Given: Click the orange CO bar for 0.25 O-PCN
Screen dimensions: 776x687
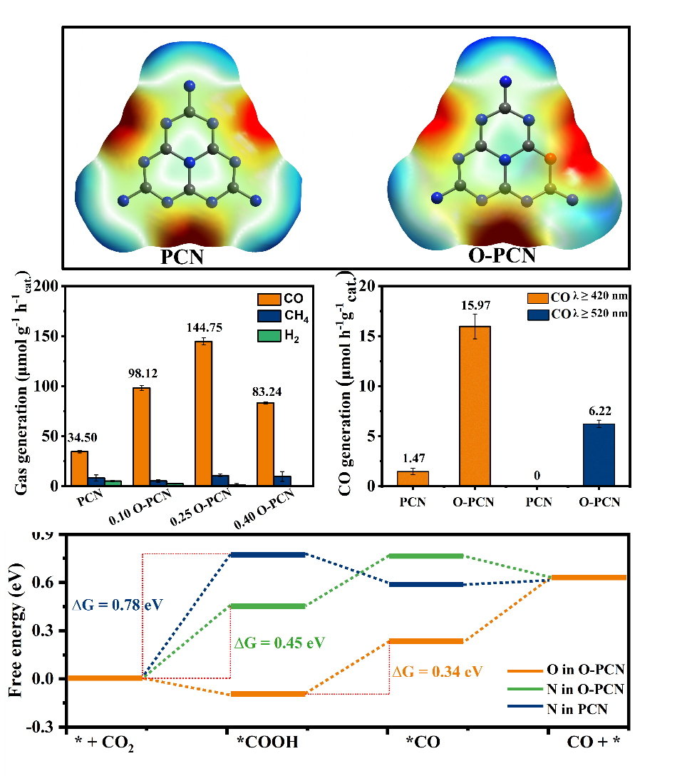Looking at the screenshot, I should pyautogui.click(x=203, y=414).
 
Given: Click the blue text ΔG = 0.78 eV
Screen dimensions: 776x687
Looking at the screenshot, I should pyautogui.click(x=118, y=605).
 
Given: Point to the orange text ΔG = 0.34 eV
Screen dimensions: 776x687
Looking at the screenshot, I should pyautogui.click(x=437, y=671).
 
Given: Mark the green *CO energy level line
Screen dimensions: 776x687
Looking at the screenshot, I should pyautogui.click(x=425, y=556).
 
